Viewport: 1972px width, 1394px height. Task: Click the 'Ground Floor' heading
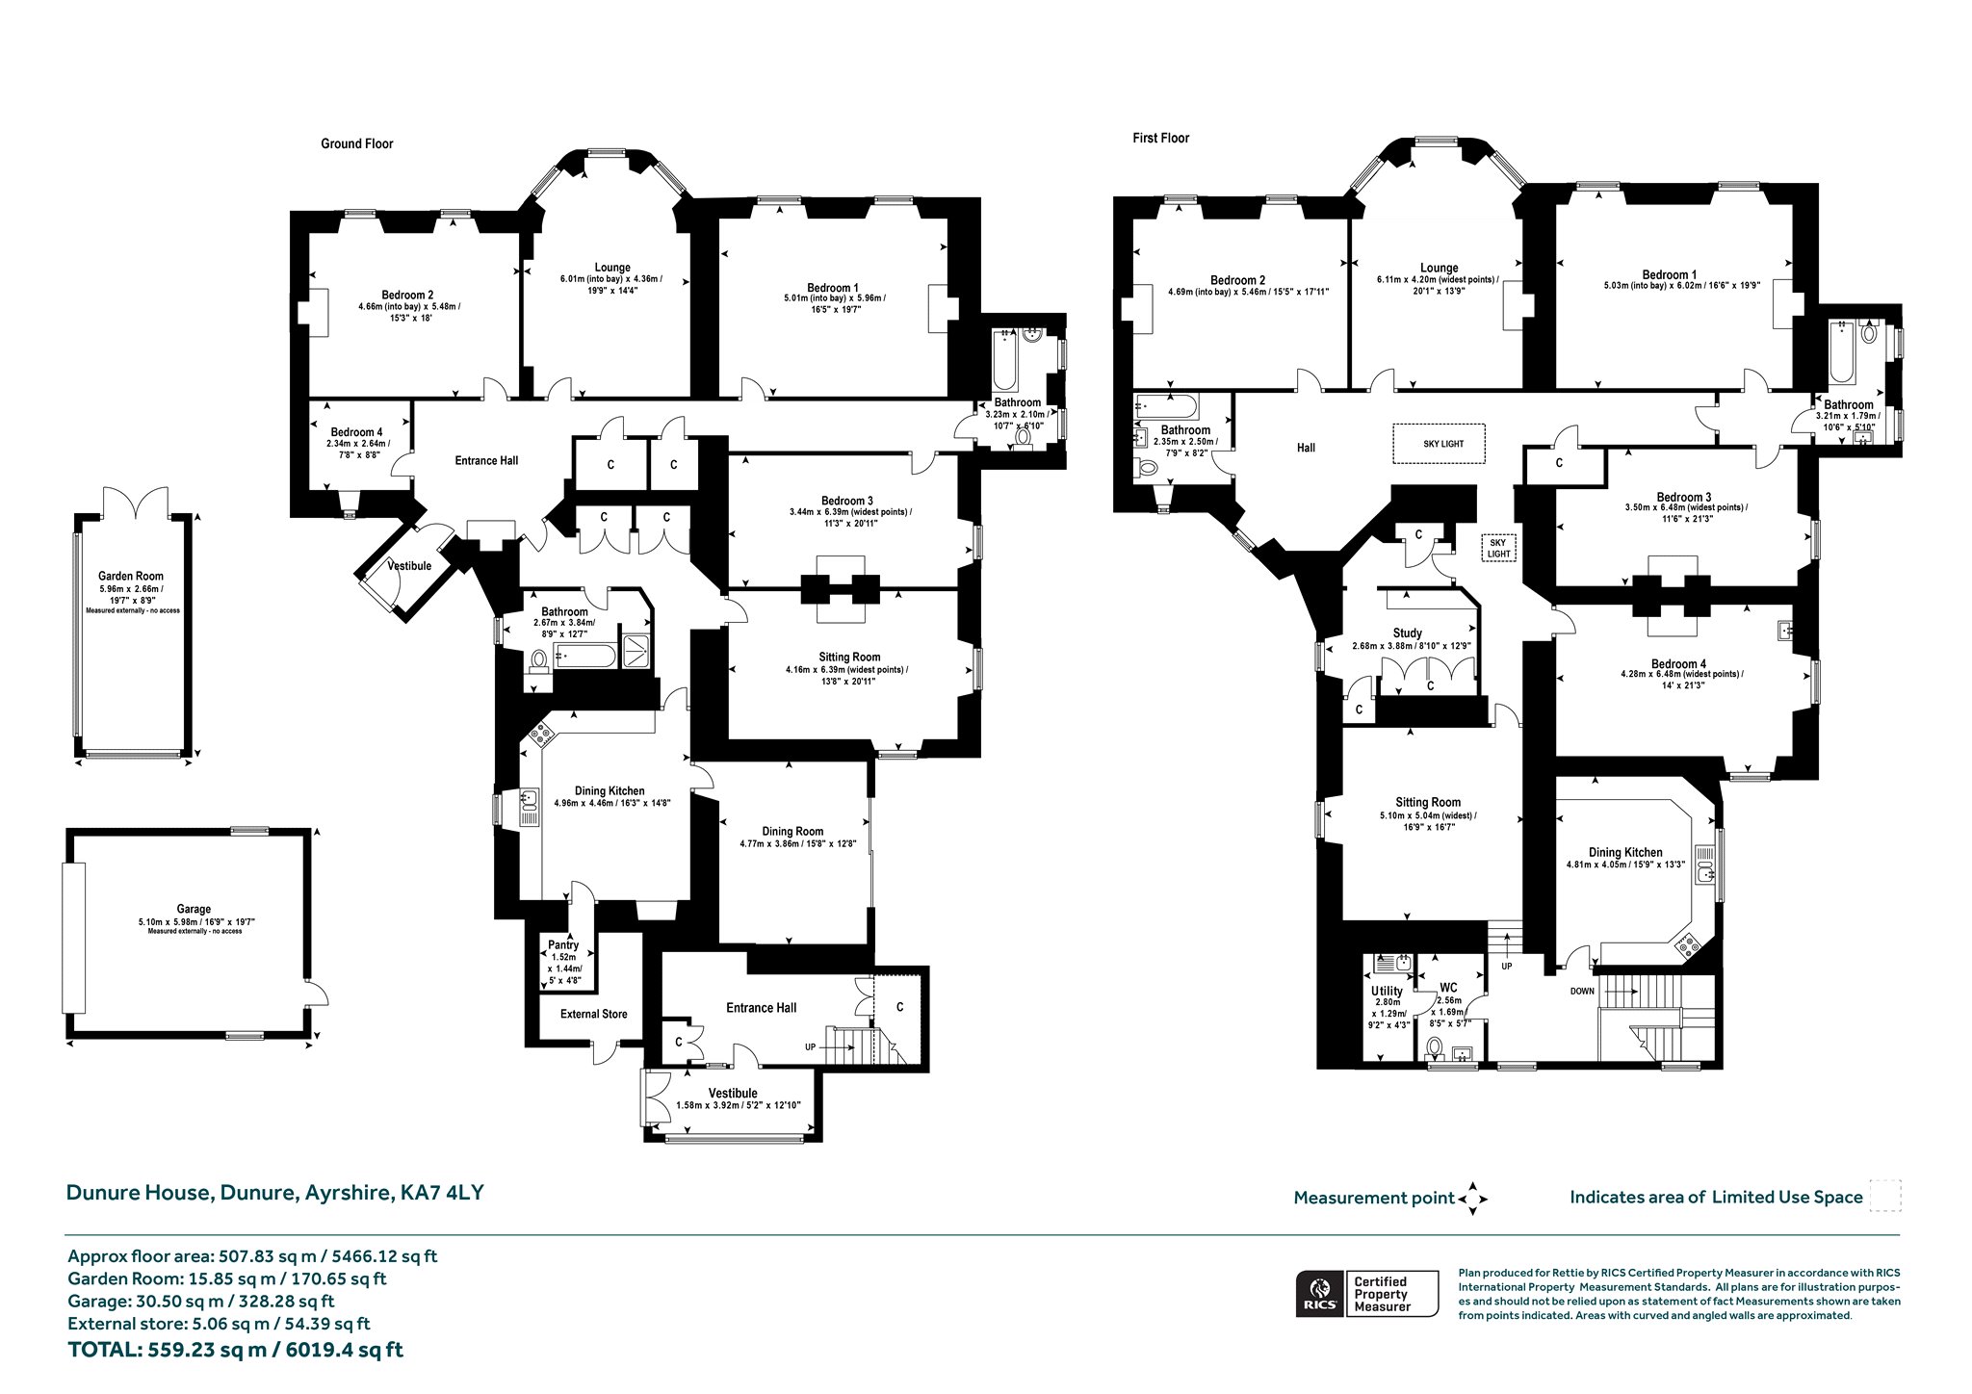click(357, 143)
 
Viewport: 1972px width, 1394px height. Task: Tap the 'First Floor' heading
click(1160, 138)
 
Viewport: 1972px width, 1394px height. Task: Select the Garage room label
click(194, 909)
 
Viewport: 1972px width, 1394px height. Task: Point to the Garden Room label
click(131, 576)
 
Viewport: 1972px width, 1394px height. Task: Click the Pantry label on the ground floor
click(564, 945)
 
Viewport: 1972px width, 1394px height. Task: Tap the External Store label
click(594, 1014)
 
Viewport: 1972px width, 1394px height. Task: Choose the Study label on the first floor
click(1408, 632)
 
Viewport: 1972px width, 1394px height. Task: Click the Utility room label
click(1388, 991)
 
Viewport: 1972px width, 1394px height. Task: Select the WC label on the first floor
click(1448, 988)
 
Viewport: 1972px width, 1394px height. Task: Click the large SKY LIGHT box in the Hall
click(1440, 444)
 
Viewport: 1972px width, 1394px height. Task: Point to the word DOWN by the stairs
click(1582, 991)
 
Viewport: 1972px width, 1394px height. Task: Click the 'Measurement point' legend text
click(1374, 1199)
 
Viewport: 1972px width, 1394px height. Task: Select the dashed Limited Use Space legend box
click(1885, 1196)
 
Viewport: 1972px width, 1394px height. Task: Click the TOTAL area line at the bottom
click(236, 1350)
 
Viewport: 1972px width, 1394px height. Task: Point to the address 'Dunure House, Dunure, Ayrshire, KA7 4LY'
click(274, 1193)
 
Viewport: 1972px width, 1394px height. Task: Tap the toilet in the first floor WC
click(1435, 1047)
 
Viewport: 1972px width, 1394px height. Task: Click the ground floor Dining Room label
click(792, 832)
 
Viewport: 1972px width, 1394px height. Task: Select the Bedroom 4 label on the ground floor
click(356, 432)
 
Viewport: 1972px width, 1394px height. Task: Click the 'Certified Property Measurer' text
click(1382, 1294)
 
